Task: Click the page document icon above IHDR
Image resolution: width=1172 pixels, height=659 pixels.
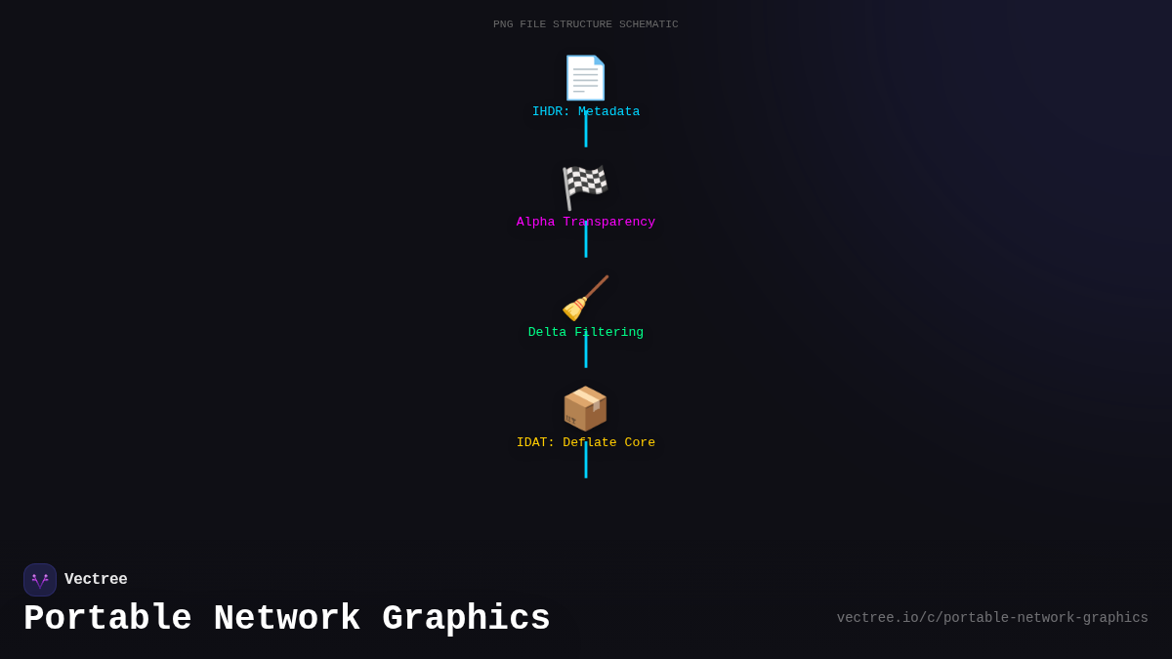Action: pos(585,78)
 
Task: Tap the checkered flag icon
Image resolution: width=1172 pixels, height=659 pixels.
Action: pos(585,187)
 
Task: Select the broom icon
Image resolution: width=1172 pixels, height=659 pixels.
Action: pos(585,298)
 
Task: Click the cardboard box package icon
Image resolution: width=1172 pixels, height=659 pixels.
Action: pos(585,408)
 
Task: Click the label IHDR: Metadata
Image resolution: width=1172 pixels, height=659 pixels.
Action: pos(585,112)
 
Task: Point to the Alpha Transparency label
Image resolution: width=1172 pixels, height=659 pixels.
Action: pos(585,223)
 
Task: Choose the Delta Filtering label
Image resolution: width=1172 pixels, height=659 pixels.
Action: pos(585,333)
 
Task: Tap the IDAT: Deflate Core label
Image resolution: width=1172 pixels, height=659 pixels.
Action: pos(585,443)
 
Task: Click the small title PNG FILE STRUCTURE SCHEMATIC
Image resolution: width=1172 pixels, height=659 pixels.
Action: pos(585,24)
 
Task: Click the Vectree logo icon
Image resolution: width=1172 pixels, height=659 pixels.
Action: pos(40,580)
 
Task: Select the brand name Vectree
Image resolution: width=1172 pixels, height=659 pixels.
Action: pos(96,580)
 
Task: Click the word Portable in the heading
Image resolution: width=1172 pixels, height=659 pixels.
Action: pos(107,619)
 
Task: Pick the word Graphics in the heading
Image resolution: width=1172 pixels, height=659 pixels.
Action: pos(466,619)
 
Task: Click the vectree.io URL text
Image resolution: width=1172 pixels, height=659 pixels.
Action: pos(992,618)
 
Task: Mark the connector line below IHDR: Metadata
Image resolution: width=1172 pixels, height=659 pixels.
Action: pos(586,134)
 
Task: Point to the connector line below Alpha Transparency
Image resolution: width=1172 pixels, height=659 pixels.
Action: pos(586,244)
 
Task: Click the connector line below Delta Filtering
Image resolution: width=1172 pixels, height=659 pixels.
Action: pos(586,354)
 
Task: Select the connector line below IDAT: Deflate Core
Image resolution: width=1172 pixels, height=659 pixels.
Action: pos(586,465)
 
